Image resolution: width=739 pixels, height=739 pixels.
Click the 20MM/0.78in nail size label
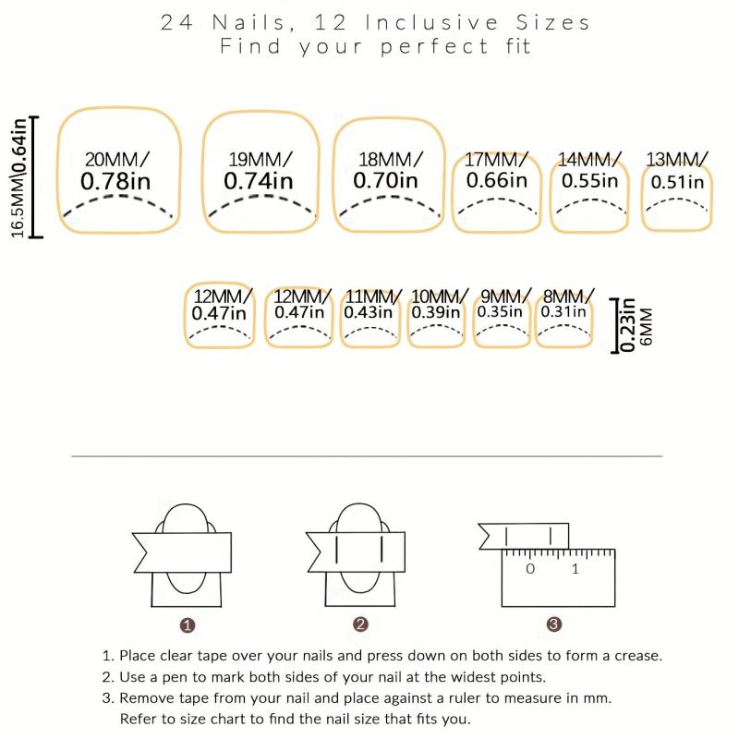[116, 171]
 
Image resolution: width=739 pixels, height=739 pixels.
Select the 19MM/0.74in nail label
[260, 171]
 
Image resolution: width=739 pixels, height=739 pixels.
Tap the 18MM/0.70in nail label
[387, 170]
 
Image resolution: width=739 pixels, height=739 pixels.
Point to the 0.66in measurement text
[497, 180]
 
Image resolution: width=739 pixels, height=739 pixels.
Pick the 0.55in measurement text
[589, 180]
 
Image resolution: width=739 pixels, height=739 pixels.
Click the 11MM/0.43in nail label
[371, 304]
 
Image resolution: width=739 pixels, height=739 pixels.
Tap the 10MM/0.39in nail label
[438, 304]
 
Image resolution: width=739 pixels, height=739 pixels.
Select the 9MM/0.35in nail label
[503, 304]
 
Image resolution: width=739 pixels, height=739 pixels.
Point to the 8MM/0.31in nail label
[565, 304]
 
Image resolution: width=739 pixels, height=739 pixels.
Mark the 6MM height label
[647, 326]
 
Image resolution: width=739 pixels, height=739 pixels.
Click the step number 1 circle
[188, 625]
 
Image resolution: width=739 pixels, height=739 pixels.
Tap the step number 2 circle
[360, 625]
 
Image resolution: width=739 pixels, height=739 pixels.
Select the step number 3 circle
[554, 624]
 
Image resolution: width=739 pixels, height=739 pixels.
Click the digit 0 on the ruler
[530, 569]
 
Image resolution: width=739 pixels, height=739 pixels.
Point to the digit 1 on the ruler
[575, 569]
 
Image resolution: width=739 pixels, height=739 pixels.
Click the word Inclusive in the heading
[431, 22]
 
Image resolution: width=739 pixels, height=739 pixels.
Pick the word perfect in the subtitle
[434, 47]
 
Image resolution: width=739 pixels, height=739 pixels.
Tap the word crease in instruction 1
[638, 656]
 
